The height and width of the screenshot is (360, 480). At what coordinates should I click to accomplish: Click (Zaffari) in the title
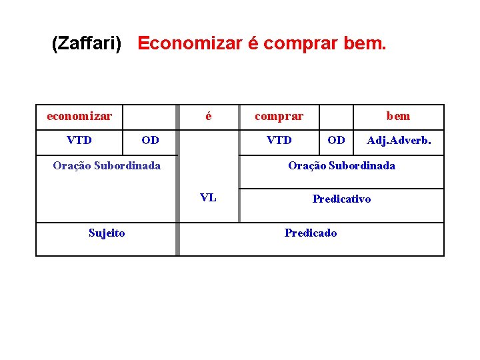coord(87,44)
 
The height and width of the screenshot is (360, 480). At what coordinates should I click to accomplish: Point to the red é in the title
coord(253,44)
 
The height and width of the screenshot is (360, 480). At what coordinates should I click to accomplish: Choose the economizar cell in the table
coord(79,116)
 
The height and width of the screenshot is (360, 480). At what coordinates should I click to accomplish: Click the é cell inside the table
coord(209,116)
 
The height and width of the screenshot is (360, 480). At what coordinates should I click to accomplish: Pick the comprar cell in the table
coord(279,116)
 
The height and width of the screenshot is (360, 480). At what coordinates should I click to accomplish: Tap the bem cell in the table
coord(398,116)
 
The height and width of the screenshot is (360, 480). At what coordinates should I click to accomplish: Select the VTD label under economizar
coord(79,140)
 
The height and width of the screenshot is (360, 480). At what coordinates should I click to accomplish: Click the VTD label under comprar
coord(279,140)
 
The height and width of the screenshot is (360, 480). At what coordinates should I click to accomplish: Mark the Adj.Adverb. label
coord(399,140)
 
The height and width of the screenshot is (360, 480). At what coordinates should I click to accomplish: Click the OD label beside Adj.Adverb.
coord(337,140)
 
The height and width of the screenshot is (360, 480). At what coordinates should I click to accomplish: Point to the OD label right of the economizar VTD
coord(151,140)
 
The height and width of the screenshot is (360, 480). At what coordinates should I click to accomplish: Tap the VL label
coord(208,197)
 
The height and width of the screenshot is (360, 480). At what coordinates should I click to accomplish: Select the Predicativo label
coord(341,199)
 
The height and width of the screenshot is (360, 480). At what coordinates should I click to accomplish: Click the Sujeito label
coord(107,233)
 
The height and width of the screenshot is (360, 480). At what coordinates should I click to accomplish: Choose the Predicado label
coord(311,233)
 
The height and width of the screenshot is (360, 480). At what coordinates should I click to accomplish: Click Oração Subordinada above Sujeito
coord(107,165)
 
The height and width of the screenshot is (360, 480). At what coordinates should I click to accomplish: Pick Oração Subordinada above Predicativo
coord(341,165)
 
